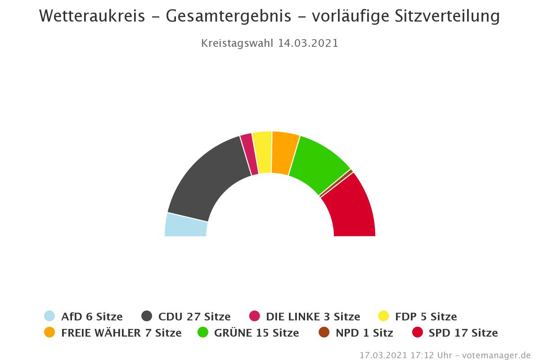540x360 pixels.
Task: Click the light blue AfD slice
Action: pos(186,225)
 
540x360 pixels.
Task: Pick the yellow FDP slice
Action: pos(262,152)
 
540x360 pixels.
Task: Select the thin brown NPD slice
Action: pos(336,183)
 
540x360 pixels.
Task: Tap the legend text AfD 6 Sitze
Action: pos(92,316)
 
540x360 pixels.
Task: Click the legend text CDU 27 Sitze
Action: pos(194,316)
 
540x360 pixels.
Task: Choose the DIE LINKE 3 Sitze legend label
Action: pos(313,316)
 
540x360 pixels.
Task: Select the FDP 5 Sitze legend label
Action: pos(426,316)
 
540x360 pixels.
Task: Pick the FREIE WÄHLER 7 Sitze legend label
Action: pos(121,333)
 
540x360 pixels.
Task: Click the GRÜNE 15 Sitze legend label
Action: pos(256,333)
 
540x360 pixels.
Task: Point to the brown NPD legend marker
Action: pos(324,333)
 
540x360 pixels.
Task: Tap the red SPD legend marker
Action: pos(418,333)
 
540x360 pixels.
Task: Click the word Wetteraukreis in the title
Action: pos(92,16)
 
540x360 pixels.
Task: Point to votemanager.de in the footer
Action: pos(499,355)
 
